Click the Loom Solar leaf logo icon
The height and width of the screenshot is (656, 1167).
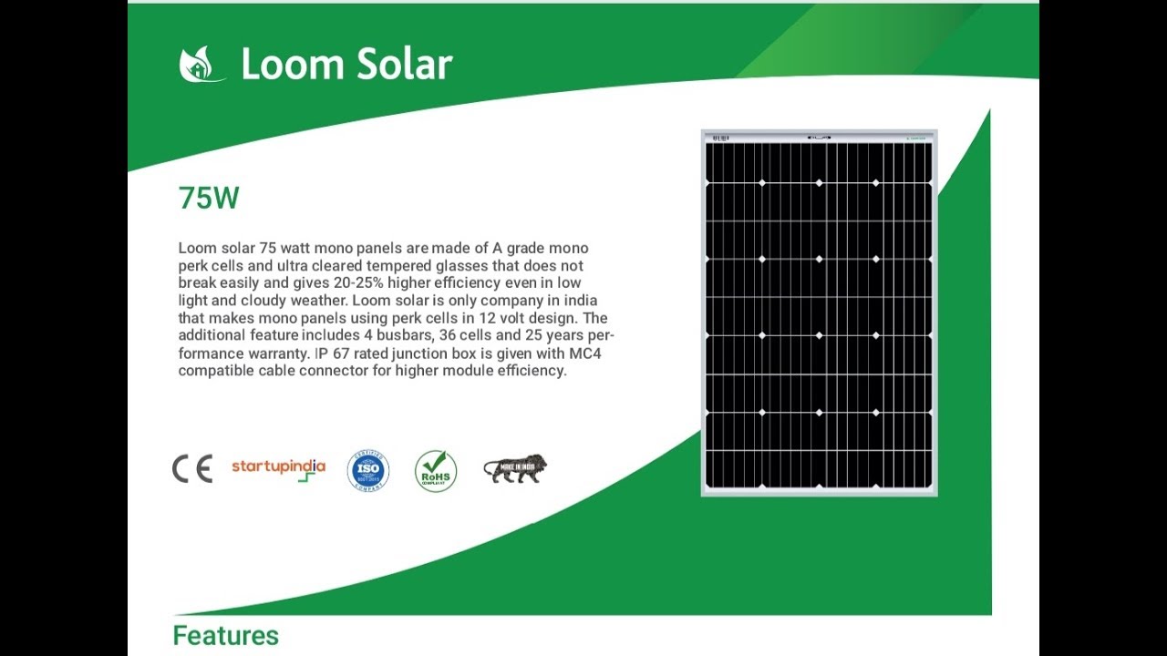(201, 65)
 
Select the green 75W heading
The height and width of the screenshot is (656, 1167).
(209, 198)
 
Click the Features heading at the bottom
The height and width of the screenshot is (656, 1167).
(225, 635)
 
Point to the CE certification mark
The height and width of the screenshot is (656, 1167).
(192, 468)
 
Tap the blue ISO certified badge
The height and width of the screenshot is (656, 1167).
(368, 470)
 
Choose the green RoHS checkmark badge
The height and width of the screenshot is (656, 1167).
(436, 470)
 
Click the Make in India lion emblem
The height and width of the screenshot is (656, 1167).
(515, 468)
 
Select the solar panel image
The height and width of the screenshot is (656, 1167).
(819, 313)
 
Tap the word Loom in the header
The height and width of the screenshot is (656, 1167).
(278, 65)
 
